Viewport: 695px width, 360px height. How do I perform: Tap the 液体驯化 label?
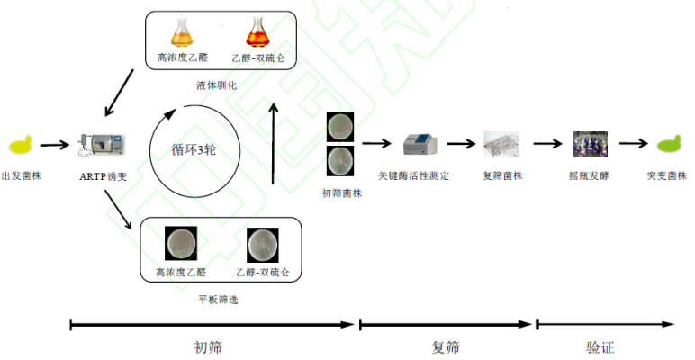(216, 85)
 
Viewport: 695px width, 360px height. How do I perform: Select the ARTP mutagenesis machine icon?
(102, 144)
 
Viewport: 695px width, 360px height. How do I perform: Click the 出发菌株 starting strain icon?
(21, 144)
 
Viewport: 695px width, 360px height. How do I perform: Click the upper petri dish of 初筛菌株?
(340, 126)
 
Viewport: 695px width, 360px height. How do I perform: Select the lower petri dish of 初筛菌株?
(340, 160)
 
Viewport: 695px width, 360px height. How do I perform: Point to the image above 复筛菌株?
(501, 144)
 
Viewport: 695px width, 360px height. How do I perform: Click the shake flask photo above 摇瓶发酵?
(590, 144)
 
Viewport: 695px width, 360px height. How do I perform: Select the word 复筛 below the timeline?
(447, 346)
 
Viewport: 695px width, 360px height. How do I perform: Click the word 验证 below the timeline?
(601, 346)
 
